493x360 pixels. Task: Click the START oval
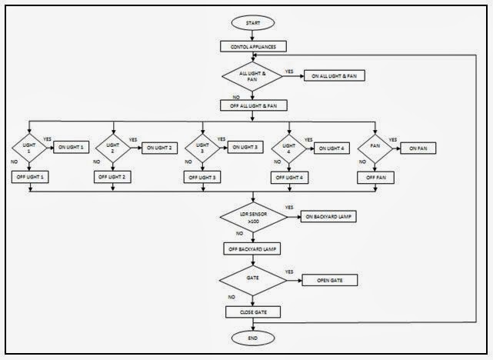(x=253, y=24)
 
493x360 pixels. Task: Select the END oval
(x=253, y=338)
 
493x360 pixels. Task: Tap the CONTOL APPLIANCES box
(x=253, y=47)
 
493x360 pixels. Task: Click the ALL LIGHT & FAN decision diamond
(x=253, y=76)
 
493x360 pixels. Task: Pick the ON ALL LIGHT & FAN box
(x=335, y=75)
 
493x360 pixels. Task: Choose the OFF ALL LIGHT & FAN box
(x=253, y=105)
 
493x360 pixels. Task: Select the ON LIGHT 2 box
(x=160, y=147)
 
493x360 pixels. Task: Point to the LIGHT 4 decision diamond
(x=288, y=147)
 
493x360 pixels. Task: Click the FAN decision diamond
(x=375, y=147)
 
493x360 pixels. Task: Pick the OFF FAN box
(x=375, y=177)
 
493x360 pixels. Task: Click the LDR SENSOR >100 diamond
(x=253, y=218)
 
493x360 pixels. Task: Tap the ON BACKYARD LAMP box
(x=329, y=217)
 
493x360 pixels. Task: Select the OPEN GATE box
(x=329, y=281)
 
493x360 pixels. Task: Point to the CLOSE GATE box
(x=253, y=312)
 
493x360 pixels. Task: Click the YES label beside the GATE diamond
(x=289, y=272)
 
